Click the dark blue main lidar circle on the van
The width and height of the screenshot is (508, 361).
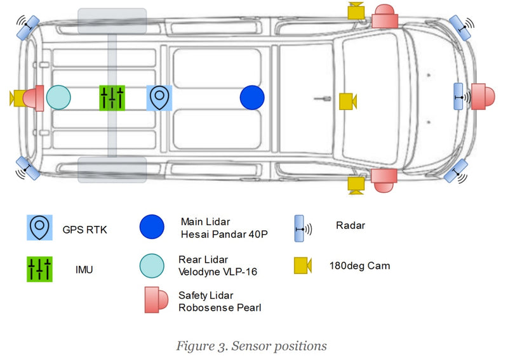tap(252, 98)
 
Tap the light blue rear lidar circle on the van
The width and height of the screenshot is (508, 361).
tap(58, 98)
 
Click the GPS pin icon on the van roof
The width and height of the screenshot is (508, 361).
tap(159, 98)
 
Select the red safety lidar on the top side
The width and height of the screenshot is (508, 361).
tap(385, 16)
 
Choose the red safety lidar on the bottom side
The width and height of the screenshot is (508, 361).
tap(384, 180)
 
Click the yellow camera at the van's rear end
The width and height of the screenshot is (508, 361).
tap(18, 98)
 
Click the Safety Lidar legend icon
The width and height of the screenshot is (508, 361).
tap(156, 299)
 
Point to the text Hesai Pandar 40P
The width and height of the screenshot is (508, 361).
tap(224, 234)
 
